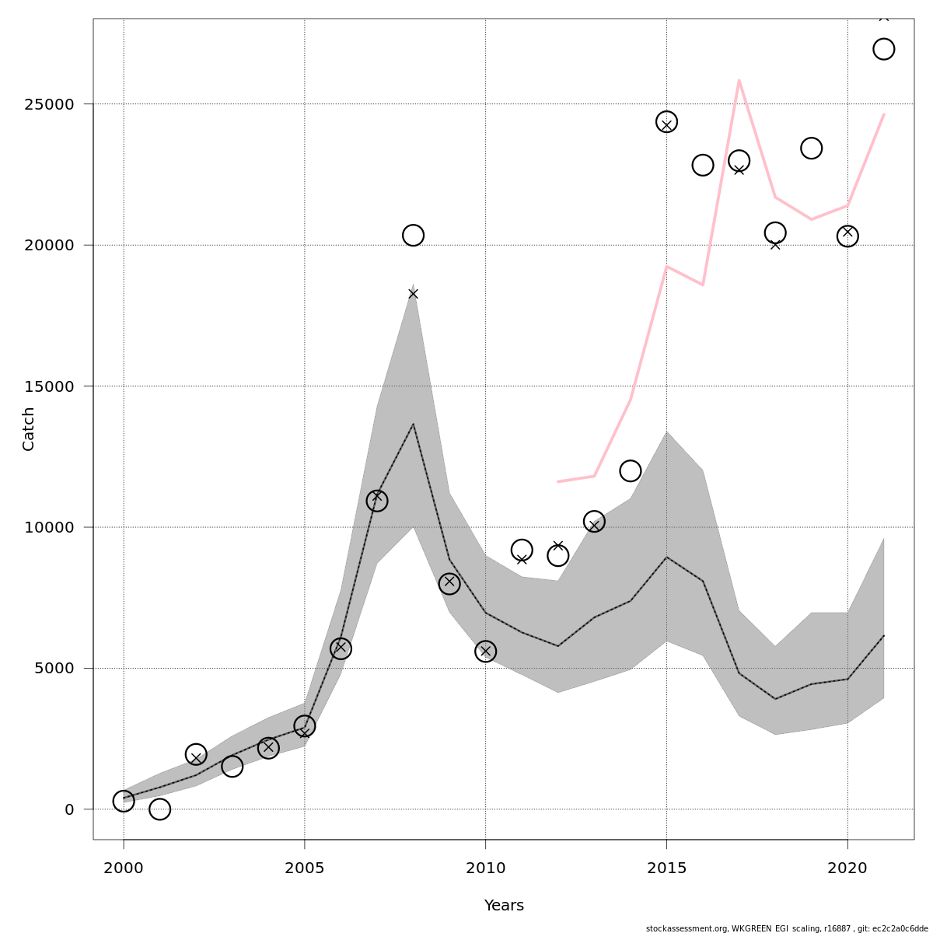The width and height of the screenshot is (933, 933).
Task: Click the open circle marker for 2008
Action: (413, 235)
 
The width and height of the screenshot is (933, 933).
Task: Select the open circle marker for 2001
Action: (159, 809)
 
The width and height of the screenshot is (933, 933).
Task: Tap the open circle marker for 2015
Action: (666, 122)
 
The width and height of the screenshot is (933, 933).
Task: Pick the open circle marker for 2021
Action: (883, 49)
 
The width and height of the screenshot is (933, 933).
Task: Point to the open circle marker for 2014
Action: (631, 470)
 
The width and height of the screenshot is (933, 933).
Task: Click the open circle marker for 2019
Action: (811, 148)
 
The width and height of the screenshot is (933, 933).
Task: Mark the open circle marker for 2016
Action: (703, 165)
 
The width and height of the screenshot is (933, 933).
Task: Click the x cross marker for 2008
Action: (413, 294)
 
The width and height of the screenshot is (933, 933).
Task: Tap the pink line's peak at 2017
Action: (739, 80)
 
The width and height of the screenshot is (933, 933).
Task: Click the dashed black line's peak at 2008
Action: (413, 425)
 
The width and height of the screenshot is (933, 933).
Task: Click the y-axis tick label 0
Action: (69, 809)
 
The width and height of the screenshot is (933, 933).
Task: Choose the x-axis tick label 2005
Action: (304, 868)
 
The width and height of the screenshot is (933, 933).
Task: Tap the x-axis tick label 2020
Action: (847, 868)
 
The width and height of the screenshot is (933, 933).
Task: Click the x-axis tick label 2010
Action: (485, 868)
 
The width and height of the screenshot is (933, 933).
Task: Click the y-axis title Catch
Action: (29, 428)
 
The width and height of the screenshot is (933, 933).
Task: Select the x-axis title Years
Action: (504, 906)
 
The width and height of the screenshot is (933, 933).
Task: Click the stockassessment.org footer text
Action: (787, 928)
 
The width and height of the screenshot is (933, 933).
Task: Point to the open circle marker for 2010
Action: (485, 651)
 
